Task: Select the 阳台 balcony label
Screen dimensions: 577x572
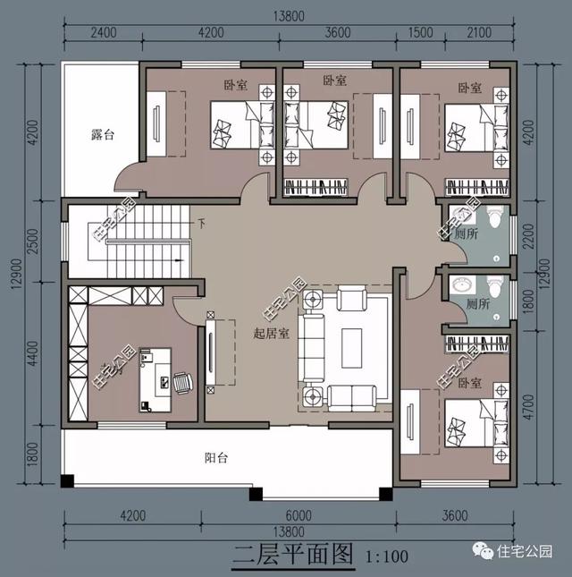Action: click(x=216, y=458)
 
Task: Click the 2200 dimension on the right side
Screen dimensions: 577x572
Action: click(x=538, y=235)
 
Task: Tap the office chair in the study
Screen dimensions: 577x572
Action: click(x=182, y=383)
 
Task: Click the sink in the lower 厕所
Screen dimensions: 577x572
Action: click(x=462, y=284)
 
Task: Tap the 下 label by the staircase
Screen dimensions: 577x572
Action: click(x=201, y=223)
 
